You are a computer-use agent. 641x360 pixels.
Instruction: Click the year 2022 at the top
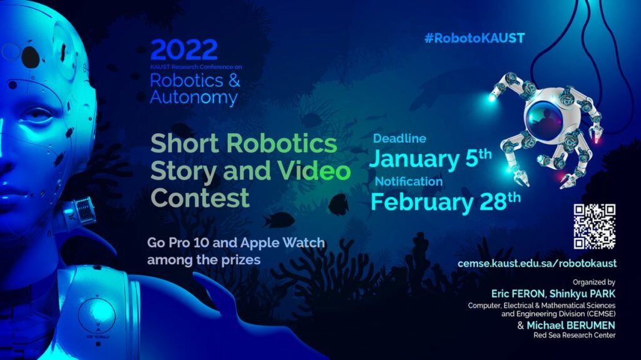(183, 50)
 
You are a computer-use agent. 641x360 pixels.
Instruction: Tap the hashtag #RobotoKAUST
(474, 38)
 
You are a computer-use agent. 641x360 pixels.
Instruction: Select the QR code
(595, 227)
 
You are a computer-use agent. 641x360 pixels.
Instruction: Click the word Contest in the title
(200, 197)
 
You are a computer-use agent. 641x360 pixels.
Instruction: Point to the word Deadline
(399, 139)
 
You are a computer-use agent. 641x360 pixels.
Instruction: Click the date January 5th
(431, 159)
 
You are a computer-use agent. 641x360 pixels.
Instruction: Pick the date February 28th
(446, 202)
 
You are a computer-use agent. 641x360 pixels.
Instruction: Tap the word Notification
(409, 181)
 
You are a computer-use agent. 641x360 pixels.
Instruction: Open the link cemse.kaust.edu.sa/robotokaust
(537, 263)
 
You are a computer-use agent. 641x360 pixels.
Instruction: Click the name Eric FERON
(518, 293)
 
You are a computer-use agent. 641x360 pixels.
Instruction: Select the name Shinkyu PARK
(583, 293)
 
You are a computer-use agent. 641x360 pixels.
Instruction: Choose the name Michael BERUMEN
(571, 325)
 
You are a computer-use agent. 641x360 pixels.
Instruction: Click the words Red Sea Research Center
(575, 335)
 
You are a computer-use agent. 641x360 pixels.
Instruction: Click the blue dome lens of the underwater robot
(544, 116)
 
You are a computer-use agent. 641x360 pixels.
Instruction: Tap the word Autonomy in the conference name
(193, 98)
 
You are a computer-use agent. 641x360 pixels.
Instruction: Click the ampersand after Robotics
(234, 80)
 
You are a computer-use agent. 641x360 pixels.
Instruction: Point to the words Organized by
(594, 282)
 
